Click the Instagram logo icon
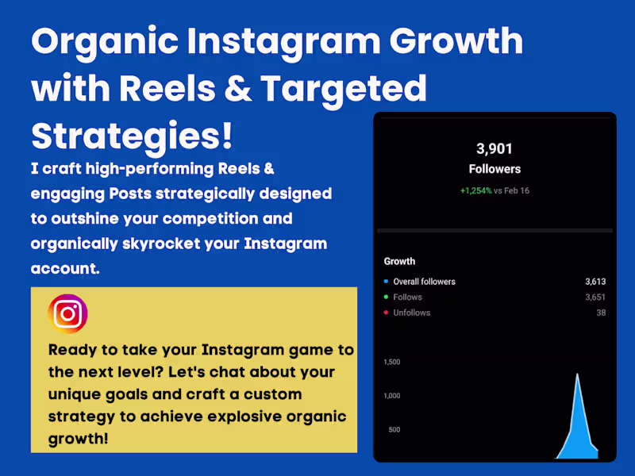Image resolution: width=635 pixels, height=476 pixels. point(68,314)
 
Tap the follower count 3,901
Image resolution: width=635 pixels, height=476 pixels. point(495,148)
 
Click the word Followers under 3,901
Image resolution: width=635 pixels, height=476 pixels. point(495,169)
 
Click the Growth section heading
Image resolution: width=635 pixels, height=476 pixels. point(399,261)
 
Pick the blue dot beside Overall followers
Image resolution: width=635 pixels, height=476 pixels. point(386,282)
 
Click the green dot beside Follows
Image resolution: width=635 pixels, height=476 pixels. point(386,297)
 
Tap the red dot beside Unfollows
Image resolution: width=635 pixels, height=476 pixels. point(386,313)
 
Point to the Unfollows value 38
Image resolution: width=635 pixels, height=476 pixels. point(601,313)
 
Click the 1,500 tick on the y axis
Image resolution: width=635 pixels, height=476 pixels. point(392,362)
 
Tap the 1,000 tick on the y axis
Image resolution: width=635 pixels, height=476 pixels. point(392,396)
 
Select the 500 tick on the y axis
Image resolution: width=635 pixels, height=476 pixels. point(394,430)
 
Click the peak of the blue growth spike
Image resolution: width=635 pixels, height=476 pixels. point(577,374)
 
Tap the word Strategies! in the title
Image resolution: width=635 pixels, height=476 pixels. point(132,135)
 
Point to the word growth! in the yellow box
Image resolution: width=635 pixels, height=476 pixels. point(79,439)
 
